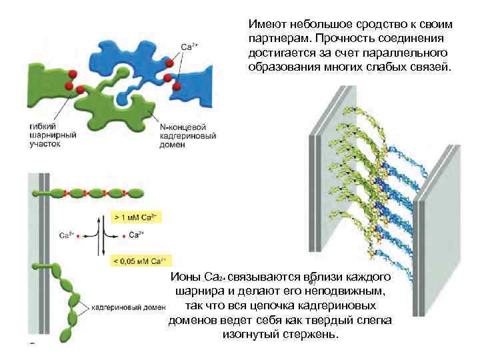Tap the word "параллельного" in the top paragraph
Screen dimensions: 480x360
(411, 53)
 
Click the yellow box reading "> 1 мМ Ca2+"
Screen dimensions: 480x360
(136, 217)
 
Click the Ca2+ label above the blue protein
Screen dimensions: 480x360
(189, 47)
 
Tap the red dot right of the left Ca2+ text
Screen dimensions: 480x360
(80, 235)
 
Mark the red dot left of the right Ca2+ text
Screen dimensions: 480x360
(123, 235)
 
